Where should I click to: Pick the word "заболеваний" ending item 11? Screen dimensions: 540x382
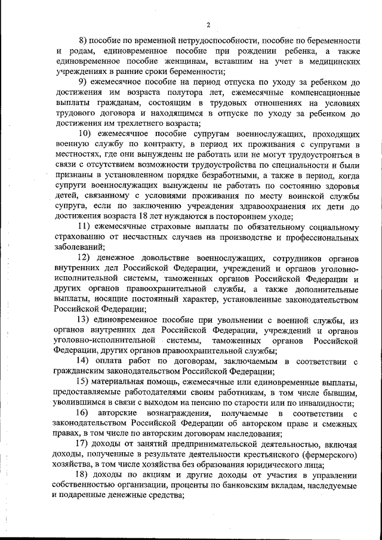click(78, 247)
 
